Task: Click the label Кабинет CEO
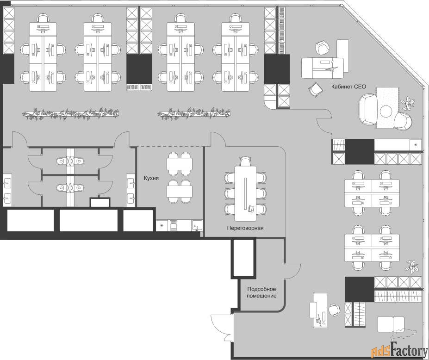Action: (x=348, y=87)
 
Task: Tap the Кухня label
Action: (x=151, y=178)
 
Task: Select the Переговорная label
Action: (x=245, y=228)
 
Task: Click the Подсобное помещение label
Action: (x=261, y=292)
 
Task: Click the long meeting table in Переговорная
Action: (x=245, y=193)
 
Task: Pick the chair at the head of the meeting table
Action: (x=245, y=161)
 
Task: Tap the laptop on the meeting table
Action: (x=251, y=209)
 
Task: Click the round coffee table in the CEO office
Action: (x=386, y=111)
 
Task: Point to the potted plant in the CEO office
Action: (x=408, y=103)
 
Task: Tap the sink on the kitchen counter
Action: (x=197, y=225)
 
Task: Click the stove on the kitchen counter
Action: (x=174, y=225)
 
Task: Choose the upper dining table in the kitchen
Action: (x=180, y=164)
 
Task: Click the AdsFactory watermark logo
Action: (x=399, y=350)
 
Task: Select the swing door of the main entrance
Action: (x=221, y=328)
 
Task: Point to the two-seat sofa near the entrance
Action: (x=391, y=324)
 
